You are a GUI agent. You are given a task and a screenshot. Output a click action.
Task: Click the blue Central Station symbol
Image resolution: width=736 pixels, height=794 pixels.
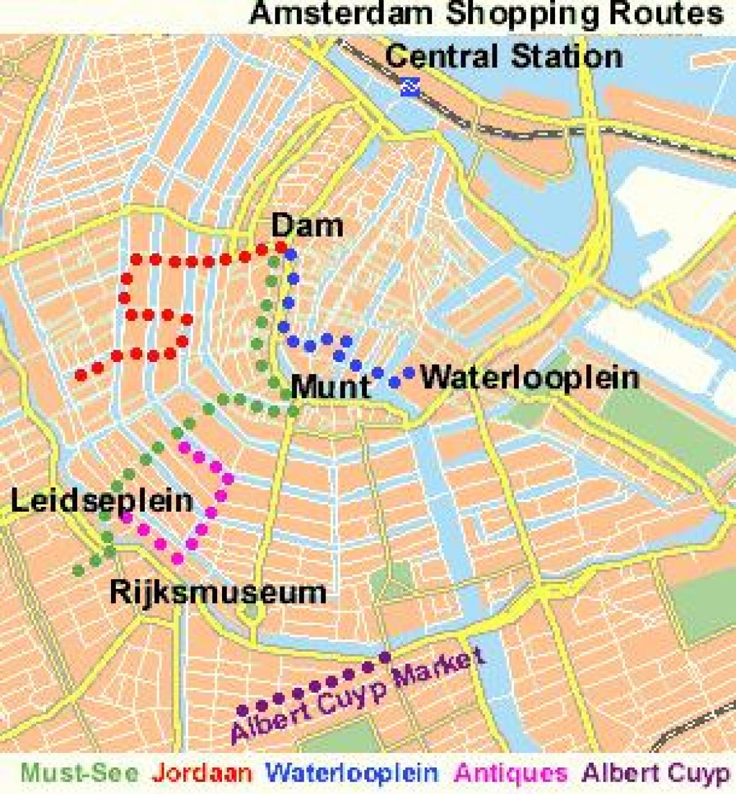[x=409, y=87]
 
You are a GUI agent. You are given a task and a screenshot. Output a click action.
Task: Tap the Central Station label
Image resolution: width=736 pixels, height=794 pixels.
[x=504, y=56]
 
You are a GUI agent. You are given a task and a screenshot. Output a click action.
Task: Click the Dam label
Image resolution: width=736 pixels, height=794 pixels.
[x=307, y=226]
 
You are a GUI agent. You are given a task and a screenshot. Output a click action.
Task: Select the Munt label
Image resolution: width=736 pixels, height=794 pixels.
[x=331, y=387]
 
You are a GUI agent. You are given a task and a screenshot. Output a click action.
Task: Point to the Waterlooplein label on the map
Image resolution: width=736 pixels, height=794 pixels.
[x=530, y=377]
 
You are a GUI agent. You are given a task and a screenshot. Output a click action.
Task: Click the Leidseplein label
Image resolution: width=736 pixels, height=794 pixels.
[x=102, y=501]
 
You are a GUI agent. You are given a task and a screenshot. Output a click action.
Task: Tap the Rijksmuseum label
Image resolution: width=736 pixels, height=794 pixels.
[x=218, y=592]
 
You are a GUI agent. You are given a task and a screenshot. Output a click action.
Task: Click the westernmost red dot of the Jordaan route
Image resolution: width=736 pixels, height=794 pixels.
[x=80, y=375]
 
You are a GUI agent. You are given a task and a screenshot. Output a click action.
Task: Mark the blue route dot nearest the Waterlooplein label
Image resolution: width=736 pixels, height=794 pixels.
[x=409, y=371]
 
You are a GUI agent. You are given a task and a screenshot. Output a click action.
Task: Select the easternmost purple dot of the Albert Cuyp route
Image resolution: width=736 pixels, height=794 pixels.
[x=385, y=657]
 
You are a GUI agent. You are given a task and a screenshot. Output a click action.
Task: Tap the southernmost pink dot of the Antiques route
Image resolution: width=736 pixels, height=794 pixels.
[x=177, y=558]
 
